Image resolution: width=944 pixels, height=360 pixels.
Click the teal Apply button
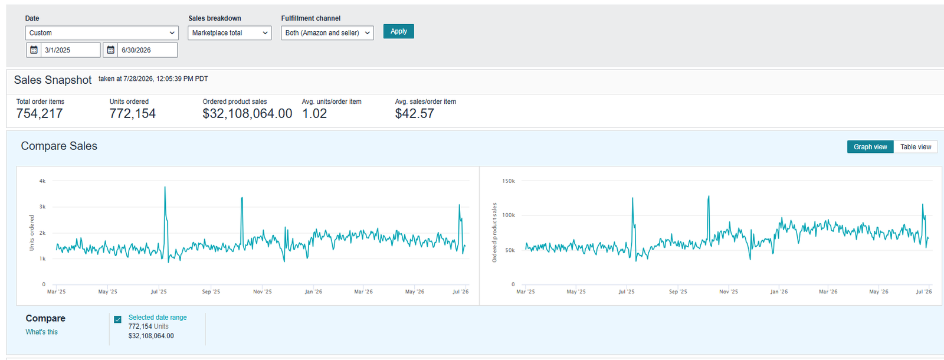pos(398,31)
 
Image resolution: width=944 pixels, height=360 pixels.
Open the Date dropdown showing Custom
pos(101,33)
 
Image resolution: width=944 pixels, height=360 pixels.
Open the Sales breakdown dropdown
pos(230,33)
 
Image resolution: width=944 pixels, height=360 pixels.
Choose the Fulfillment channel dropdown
pos(327,33)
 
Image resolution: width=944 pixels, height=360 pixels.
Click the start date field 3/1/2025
pos(70,50)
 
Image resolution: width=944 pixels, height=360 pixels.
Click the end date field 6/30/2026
pos(147,50)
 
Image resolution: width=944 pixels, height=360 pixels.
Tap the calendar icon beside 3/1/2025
pos(34,50)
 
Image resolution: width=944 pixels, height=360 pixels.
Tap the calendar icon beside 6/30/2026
pos(110,50)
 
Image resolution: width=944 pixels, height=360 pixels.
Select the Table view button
pos(915,147)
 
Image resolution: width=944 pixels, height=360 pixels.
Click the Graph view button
pos(870,147)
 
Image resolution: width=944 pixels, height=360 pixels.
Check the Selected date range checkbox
pos(117,319)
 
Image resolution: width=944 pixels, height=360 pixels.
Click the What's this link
pos(41,332)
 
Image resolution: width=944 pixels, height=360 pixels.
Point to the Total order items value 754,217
pos(39,113)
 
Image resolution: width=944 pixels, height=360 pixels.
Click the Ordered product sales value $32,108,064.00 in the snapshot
pos(247,113)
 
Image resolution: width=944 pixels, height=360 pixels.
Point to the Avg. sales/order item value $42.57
pos(414,113)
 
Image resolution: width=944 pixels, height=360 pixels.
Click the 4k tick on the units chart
pos(42,181)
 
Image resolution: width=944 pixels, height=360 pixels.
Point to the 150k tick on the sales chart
pos(508,181)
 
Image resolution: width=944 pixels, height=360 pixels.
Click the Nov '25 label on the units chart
pos(262,292)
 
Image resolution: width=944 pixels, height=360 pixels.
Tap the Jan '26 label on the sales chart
pos(779,292)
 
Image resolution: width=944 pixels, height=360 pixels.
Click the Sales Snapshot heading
pos(53,80)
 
